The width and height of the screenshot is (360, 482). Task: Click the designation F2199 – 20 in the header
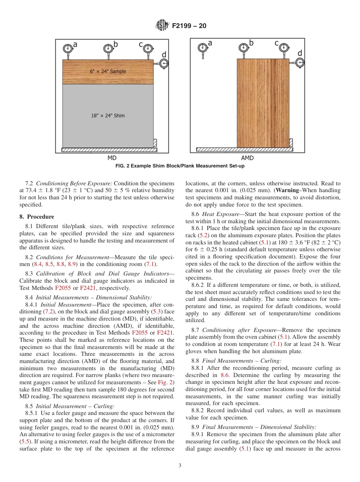coord(189,26)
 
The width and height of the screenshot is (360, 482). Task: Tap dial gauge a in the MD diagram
coord(68,48)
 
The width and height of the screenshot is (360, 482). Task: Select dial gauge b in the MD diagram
coord(108,48)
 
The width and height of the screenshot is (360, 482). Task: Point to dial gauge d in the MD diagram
coord(164,63)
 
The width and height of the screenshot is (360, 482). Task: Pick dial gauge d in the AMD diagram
coord(300,62)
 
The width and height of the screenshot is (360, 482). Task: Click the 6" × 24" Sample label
coord(108,71)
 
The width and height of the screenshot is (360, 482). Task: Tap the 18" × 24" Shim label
coord(108,115)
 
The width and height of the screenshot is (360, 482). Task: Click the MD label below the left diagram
coord(112,158)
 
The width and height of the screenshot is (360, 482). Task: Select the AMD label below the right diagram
coord(247,158)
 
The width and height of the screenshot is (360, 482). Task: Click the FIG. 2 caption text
coord(180,166)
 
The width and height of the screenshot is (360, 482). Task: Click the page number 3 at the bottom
coord(180,466)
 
